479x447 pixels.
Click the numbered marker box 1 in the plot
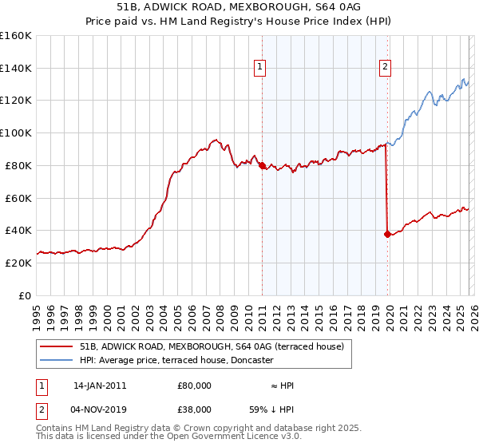pos(260,68)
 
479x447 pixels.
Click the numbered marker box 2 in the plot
pos(385,68)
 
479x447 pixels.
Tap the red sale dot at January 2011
pos(262,165)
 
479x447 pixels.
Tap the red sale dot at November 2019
pos(387,234)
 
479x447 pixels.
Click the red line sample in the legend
pos(56,346)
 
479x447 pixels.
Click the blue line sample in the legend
pos(56,360)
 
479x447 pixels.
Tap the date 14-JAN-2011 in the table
pos(99,386)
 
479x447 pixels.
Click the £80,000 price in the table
pos(194,386)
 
